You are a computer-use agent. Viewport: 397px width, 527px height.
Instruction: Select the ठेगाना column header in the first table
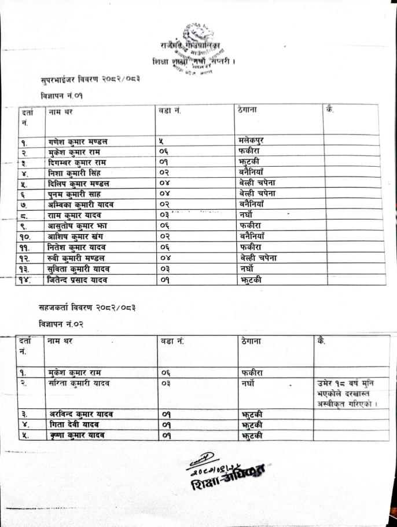click(x=248, y=110)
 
